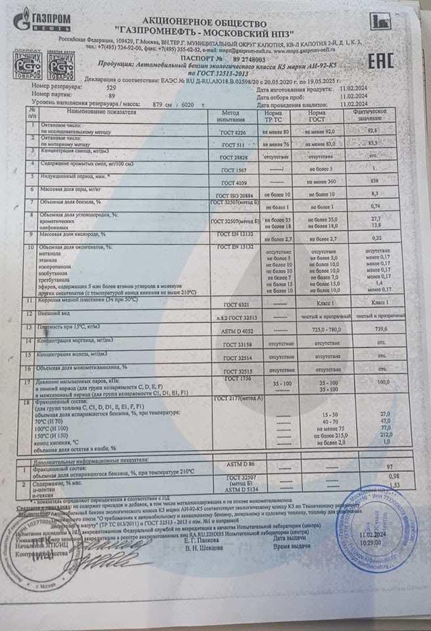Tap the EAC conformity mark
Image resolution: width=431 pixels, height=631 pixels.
(x=380, y=62)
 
